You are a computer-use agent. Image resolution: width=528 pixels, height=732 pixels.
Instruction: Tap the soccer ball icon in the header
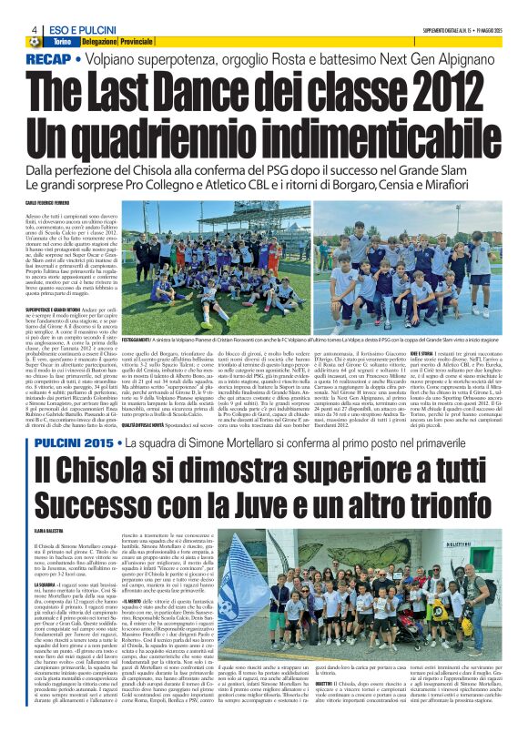point(35,43)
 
